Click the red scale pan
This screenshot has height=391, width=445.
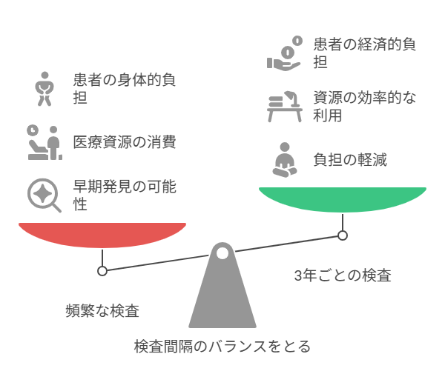pos(102,235)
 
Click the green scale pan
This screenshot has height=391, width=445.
pos(343,199)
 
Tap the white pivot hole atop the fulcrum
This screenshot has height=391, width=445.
pos(222,253)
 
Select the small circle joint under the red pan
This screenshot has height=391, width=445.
pos(102,271)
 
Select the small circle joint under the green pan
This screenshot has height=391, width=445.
pos(343,235)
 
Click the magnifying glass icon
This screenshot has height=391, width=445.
pos(44,195)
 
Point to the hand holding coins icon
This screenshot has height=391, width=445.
pos(285,53)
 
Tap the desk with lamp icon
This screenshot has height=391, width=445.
pos(285,107)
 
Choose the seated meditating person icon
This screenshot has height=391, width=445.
pos(285,160)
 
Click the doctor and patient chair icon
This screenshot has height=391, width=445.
pos(44,142)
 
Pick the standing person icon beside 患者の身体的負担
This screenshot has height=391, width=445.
pos(44,89)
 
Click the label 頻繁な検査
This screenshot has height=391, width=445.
pos(102,311)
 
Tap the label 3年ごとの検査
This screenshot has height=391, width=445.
pos(343,275)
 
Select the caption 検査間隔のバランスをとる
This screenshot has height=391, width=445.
pos(222,347)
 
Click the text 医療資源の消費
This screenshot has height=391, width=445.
pos(125,142)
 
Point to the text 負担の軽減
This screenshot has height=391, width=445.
pos(350,160)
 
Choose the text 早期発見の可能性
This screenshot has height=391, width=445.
pos(125,195)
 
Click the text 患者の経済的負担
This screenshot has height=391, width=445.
pos(365,53)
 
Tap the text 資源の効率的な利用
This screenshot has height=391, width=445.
pos(365,107)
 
